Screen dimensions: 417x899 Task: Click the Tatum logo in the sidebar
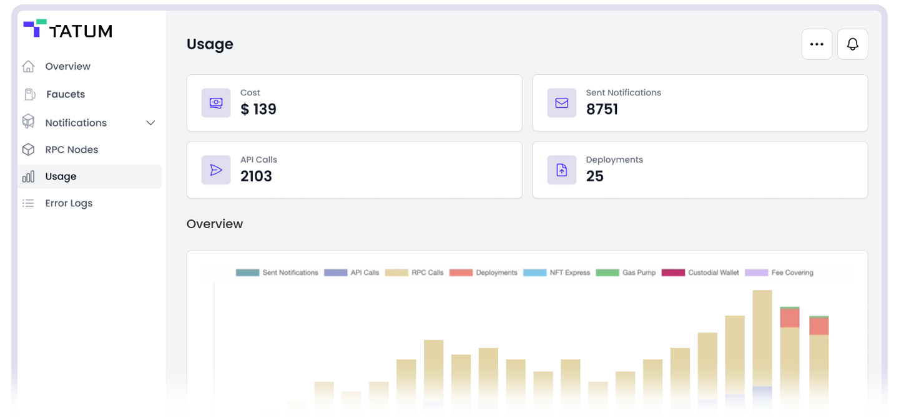[67, 29]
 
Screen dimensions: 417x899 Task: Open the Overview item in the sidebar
[67, 66]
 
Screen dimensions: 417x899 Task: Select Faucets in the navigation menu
[65, 94]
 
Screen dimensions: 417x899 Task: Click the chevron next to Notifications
[150, 123]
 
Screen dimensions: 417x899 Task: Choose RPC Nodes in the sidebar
[71, 150]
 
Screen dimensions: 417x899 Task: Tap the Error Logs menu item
[69, 203]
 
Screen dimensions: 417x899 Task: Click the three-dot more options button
[817, 44]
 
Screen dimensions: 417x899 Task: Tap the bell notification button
[852, 44]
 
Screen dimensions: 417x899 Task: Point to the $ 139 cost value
[258, 109]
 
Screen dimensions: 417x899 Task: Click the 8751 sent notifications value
[602, 109]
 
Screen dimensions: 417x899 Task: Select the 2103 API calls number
[256, 176]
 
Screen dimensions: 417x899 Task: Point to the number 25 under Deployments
[594, 176]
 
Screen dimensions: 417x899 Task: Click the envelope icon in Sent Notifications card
[561, 103]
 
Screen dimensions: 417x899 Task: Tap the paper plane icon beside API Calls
[216, 170]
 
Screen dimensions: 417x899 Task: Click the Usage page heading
[210, 44]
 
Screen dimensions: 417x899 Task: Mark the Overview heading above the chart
[215, 224]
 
